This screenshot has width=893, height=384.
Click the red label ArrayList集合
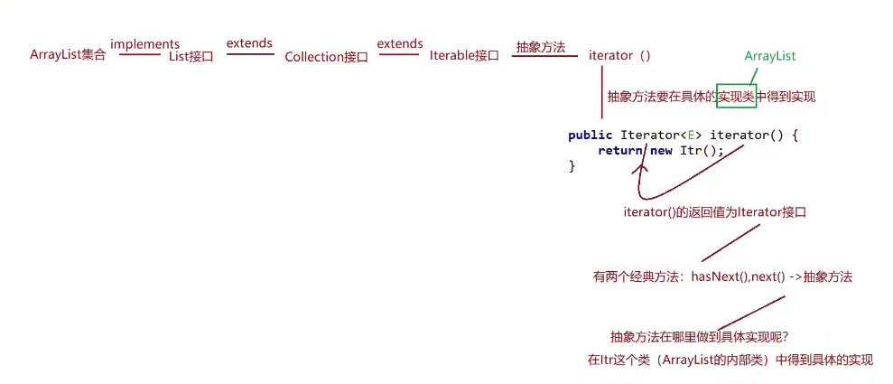[68, 55]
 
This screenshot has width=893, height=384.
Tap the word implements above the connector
[144, 43]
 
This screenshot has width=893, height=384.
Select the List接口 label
[191, 56]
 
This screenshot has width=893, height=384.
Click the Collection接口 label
[326, 56]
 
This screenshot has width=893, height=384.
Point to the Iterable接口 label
[464, 55]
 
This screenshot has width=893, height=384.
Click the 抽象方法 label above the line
[540, 47]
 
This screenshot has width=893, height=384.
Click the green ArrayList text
[770, 56]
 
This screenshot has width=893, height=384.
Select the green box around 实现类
[735, 96]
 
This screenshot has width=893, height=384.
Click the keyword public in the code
[591, 135]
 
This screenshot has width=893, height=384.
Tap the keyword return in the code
[619, 150]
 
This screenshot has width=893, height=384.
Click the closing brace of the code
[572, 166]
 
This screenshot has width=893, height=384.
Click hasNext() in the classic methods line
[720, 277]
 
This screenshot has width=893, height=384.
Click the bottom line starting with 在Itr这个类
[730, 360]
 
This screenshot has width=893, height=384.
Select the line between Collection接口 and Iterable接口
[400, 54]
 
